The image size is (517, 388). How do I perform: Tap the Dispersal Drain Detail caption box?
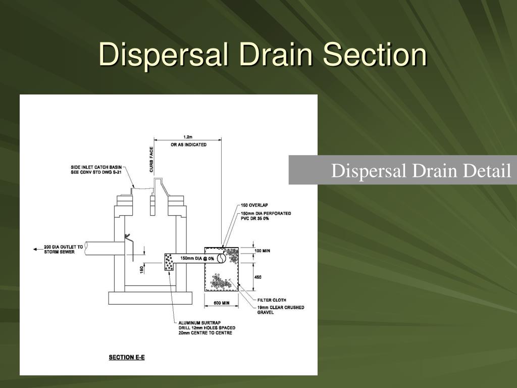403,170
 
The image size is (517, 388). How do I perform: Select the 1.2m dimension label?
188,136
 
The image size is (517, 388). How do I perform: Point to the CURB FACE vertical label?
151,160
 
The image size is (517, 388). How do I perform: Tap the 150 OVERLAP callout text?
254,205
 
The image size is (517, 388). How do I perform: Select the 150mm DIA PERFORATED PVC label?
265,216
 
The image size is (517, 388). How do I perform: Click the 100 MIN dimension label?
262,251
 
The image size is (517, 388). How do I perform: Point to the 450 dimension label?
257,277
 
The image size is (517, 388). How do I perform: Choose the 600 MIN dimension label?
221,303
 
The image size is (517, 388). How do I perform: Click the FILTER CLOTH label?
272,300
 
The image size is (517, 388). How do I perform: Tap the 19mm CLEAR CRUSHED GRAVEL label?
281,310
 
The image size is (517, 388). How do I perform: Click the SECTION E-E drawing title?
127,358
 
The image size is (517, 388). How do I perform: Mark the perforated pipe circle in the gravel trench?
221,259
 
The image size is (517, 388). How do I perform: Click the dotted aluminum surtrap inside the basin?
169,262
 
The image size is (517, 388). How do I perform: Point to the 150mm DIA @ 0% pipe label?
197,259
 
